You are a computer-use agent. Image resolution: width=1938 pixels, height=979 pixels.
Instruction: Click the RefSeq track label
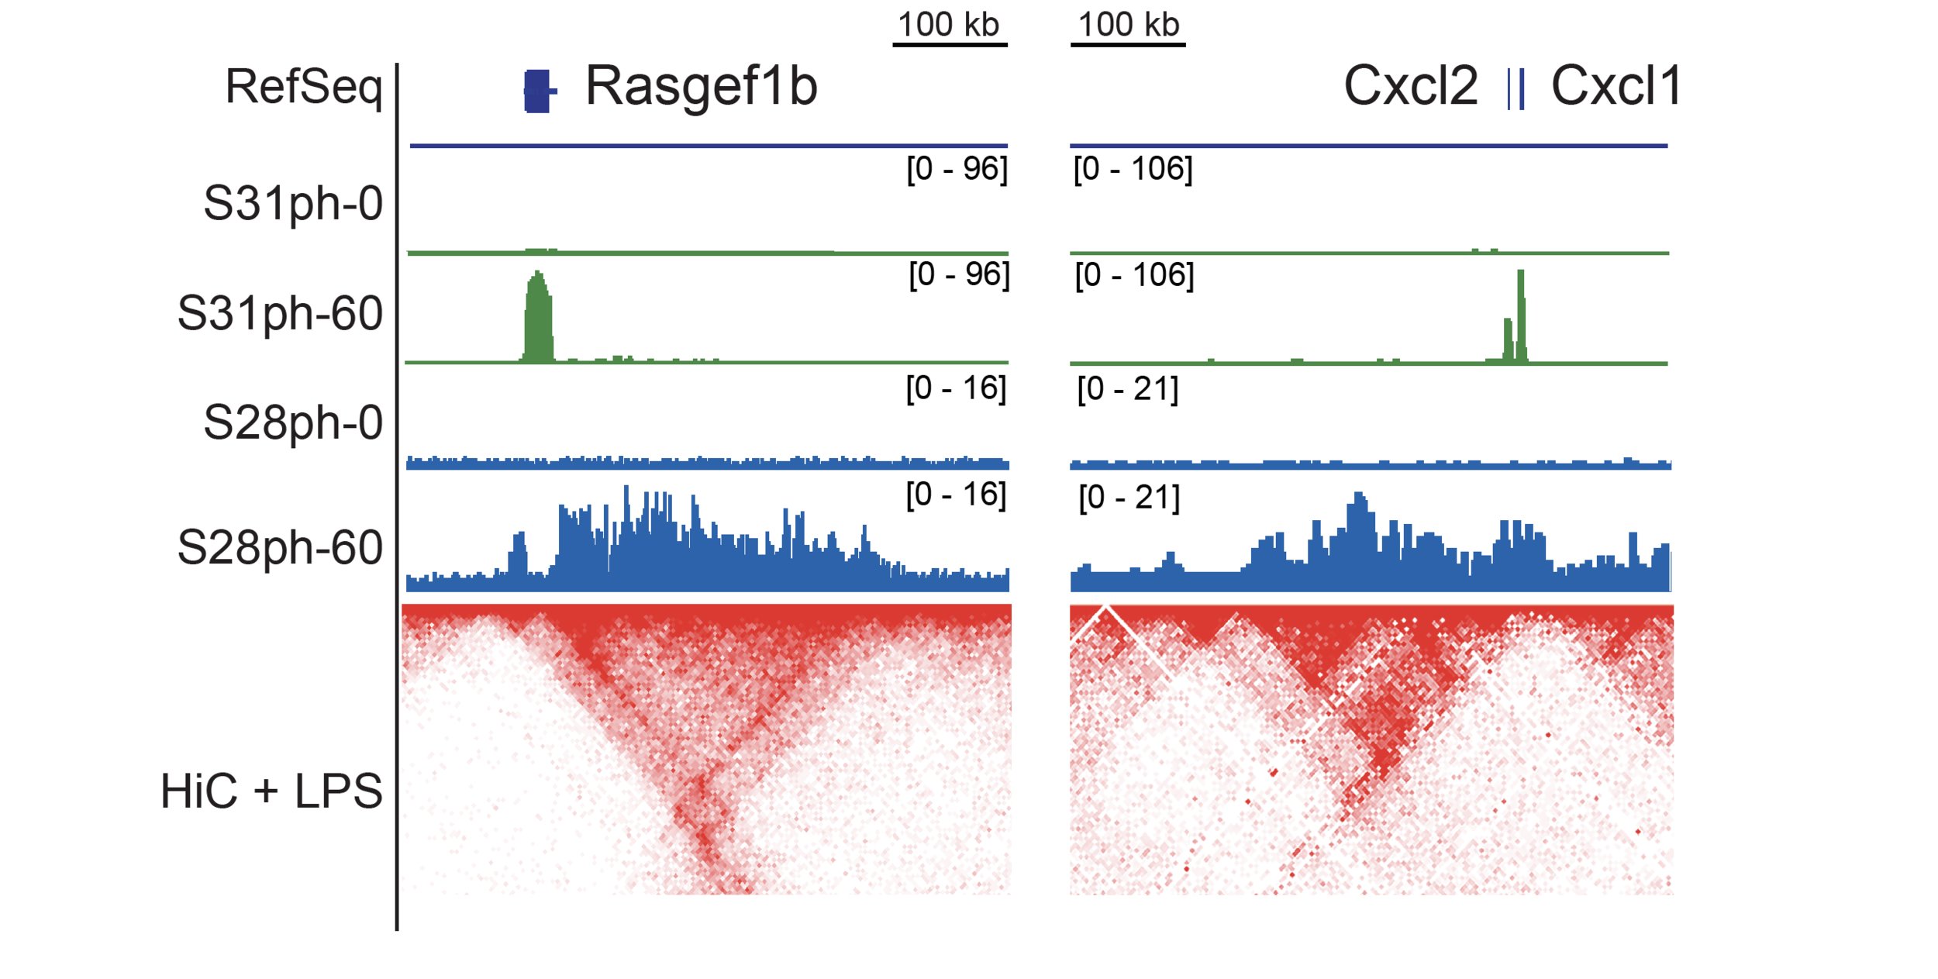304,87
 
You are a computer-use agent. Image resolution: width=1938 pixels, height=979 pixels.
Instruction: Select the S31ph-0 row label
293,204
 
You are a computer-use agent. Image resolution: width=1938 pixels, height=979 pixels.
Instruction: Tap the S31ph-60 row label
280,315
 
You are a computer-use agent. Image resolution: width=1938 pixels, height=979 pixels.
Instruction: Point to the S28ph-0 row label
293,423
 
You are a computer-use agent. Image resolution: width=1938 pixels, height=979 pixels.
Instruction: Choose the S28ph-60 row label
280,549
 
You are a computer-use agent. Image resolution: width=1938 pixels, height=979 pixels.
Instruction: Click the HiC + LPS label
271,791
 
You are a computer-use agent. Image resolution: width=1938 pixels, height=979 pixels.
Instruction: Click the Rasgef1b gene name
702,87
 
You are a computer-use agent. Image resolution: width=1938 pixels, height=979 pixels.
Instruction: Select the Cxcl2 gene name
1411,85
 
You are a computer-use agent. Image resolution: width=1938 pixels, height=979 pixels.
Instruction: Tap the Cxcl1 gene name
1616,85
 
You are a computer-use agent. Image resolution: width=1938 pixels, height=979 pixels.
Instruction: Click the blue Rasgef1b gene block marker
539,91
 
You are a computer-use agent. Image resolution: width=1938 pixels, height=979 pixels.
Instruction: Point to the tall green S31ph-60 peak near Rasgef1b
539,316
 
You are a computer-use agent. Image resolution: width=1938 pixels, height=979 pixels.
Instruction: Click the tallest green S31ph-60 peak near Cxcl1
1521,315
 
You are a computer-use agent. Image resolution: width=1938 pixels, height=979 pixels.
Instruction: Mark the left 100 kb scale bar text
949,25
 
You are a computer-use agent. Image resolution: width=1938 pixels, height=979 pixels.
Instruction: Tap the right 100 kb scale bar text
1129,25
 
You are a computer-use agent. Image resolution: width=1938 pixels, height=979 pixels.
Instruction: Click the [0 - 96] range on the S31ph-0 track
957,169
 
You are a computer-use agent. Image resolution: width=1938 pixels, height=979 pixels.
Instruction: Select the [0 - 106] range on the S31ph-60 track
1135,275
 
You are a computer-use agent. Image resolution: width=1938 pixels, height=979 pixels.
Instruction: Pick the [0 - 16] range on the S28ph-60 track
957,495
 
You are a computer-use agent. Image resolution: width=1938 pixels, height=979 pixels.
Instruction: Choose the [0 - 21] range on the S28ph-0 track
1128,388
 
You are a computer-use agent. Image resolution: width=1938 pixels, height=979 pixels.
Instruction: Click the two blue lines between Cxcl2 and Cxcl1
1516,89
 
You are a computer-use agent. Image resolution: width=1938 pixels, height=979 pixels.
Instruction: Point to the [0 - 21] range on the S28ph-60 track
1129,498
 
